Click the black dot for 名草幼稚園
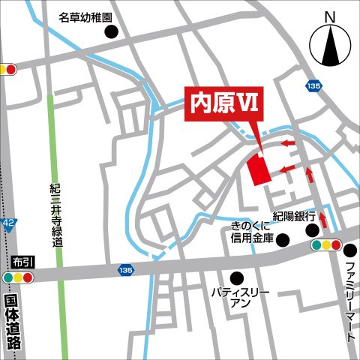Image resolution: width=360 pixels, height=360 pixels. (x=112, y=32)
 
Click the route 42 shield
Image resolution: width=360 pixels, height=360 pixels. (x=8, y=223)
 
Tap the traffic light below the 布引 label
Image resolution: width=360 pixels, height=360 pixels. (x=19, y=277)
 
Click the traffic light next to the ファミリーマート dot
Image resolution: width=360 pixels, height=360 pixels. (x=326, y=244)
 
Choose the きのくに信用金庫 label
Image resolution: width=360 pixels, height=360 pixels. (x=253, y=232)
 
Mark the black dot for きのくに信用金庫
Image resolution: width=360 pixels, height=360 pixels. (x=283, y=240)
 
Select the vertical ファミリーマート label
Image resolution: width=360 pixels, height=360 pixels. (x=349, y=300)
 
